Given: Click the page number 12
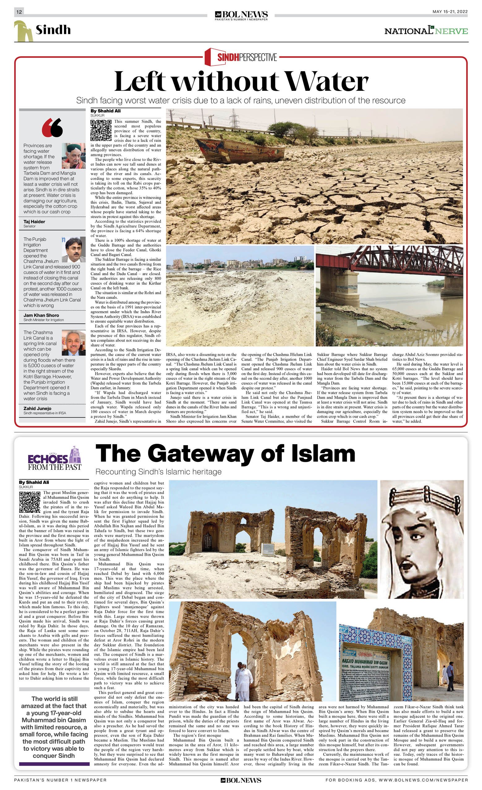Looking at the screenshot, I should point(19,12).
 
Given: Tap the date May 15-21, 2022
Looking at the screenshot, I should point(450,12).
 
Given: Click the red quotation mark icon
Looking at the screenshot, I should point(52,127).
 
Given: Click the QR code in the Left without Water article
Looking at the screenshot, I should point(101,130).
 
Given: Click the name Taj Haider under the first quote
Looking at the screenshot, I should point(34,222).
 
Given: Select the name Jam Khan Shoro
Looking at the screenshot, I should point(41,315).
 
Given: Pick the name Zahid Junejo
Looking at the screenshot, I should point(37,408).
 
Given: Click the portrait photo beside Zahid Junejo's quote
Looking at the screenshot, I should point(74,342).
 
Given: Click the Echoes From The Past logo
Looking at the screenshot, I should point(55,458).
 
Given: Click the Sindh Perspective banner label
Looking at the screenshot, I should point(241,57).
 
